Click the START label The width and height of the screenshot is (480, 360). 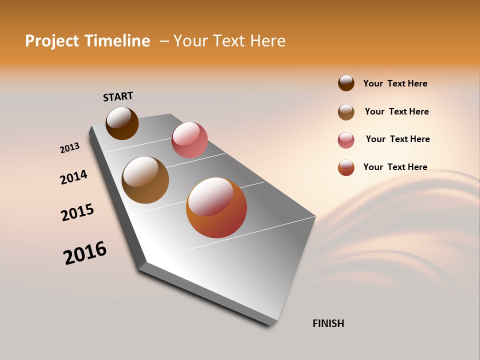tap(118, 96)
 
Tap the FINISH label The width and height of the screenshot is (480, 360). tap(328, 323)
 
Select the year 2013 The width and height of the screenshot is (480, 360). tap(69, 148)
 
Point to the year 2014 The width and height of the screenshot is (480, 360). tap(73, 177)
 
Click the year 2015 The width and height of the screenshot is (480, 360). tap(77, 212)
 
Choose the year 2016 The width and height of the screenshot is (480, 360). tap(85, 253)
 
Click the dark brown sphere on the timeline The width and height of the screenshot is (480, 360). tap(122, 123)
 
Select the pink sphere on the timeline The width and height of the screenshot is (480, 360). tap(189, 140)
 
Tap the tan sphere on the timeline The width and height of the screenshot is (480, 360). tap(145, 180)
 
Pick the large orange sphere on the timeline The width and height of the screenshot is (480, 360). tap(216, 207)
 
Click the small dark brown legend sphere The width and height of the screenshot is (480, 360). tap(346, 83)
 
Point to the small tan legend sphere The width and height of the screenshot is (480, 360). tap(346, 112)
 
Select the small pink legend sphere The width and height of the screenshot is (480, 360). tap(346, 140)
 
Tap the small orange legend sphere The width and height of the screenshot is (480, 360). tap(346, 167)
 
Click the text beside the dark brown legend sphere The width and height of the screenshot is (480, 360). tap(395, 83)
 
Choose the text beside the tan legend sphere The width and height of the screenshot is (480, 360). tap(396, 111)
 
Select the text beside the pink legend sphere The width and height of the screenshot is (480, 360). tap(397, 139)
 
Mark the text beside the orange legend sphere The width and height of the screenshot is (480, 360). tap(395, 167)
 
